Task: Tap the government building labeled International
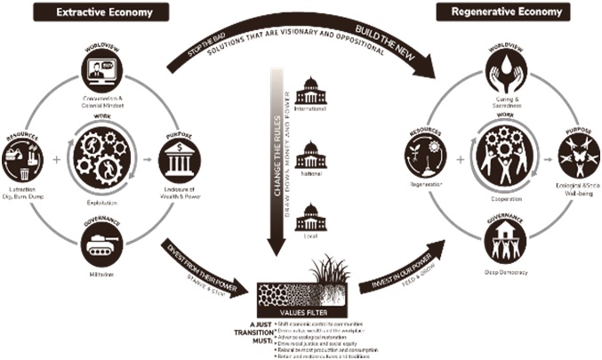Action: tap(310, 90)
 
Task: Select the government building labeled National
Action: tap(310, 153)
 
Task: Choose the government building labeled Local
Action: tap(310, 217)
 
